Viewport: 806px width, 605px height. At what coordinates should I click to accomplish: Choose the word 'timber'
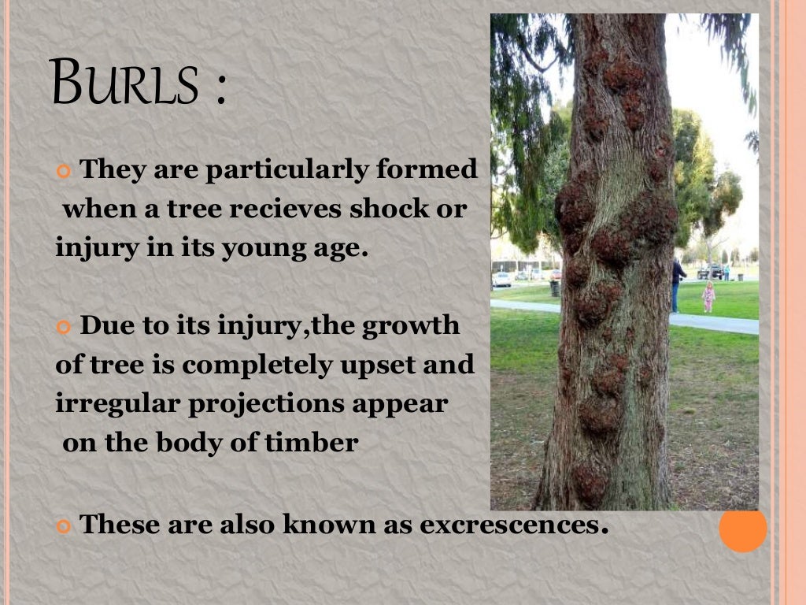click(x=319, y=443)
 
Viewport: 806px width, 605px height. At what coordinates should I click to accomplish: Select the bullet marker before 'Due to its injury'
click(x=65, y=327)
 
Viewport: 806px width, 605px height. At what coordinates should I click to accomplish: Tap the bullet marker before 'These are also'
click(x=65, y=525)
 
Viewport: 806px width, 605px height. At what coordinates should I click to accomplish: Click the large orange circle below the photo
click(x=742, y=529)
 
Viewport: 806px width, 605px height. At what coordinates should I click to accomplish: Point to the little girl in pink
click(x=708, y=297)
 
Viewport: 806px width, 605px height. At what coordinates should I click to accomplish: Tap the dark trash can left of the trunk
click(x=555, y=288)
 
